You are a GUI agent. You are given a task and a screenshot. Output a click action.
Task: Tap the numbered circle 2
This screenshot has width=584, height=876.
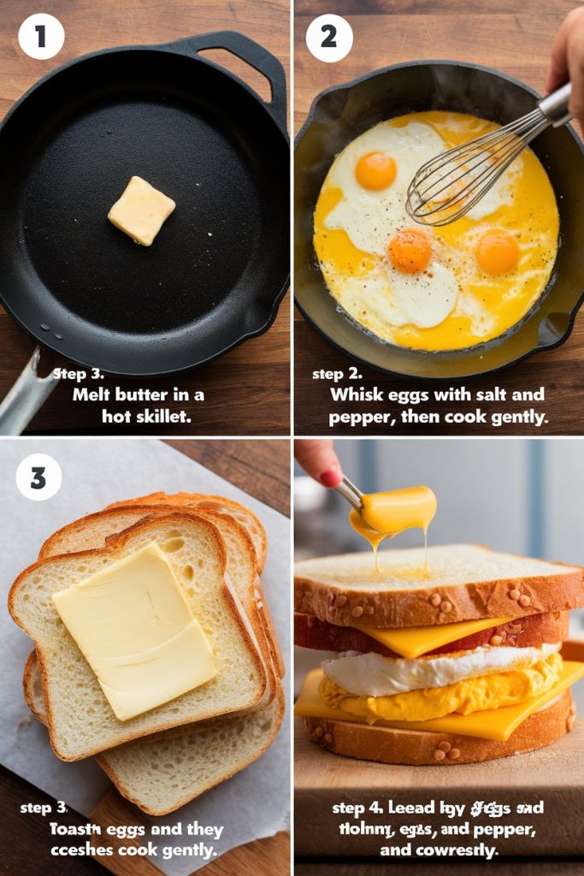pyautogui.click(x=329, y=38)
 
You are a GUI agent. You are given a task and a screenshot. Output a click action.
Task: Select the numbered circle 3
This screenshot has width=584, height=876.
pyautogui.click(x=38, y=477)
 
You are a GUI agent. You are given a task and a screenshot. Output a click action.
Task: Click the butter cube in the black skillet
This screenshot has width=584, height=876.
pyautogui.click(x=141, y=210)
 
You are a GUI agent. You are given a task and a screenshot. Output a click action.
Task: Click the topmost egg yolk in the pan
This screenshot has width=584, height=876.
pyautogui.click(x=375, y=170)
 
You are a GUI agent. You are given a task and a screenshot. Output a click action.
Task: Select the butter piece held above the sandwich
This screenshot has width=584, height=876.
pyautogui.click(x=398, y=508)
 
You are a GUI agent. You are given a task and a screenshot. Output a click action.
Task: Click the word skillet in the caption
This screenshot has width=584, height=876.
pyautogui.click(x=163, y=417)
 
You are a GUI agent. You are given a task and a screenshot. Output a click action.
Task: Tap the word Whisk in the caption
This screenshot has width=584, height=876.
pyautogui.click(x=357, y=395)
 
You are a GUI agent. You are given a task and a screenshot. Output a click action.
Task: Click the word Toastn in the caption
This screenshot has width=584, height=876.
pyautogui.click(x=74, y=830)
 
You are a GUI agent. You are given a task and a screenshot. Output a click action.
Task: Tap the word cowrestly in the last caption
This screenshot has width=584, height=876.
pyautogui.click(x=452, y=851)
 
